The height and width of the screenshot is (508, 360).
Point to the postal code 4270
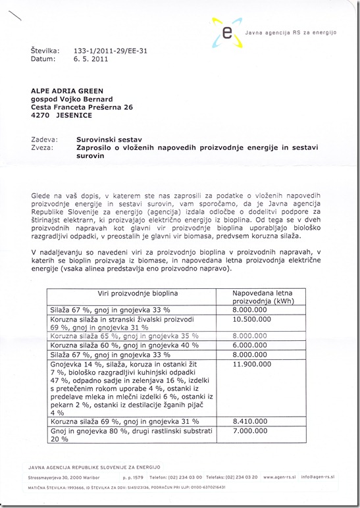[x=41, y=115]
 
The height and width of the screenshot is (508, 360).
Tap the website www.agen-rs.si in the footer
[x=281, y=476]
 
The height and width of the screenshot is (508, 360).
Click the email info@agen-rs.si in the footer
[x=318, y=476]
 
